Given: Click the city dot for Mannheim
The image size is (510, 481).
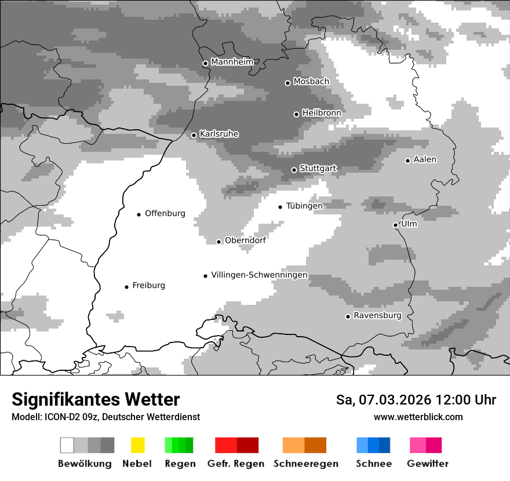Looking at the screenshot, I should point(205,64).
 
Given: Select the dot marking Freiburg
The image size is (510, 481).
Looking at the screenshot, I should point(126,287).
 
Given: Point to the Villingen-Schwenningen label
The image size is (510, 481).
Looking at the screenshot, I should point(259,275).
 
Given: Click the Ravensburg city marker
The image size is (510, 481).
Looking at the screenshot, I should point(348,316).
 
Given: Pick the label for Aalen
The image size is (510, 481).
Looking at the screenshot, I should point(425,159).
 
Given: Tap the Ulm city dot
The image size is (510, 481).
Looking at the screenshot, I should point(395,225).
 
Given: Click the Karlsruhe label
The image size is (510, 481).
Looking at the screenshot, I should point(219,134).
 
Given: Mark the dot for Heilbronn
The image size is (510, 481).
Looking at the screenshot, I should point(296,114).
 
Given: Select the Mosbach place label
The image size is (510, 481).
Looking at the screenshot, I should point(311,82).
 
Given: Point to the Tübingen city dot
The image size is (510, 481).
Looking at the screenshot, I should point(280,207).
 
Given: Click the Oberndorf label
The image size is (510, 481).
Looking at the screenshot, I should point(245,240).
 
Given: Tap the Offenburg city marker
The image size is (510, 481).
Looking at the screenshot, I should point(139,214).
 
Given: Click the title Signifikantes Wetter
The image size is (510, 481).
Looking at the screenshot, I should point(96,399).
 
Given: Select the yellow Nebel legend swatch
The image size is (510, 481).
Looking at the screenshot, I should point(137,445).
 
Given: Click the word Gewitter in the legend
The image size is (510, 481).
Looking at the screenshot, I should point(428,464).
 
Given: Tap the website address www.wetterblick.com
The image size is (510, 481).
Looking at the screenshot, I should point(418,417).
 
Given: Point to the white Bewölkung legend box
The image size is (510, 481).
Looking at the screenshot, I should point(67,445).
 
